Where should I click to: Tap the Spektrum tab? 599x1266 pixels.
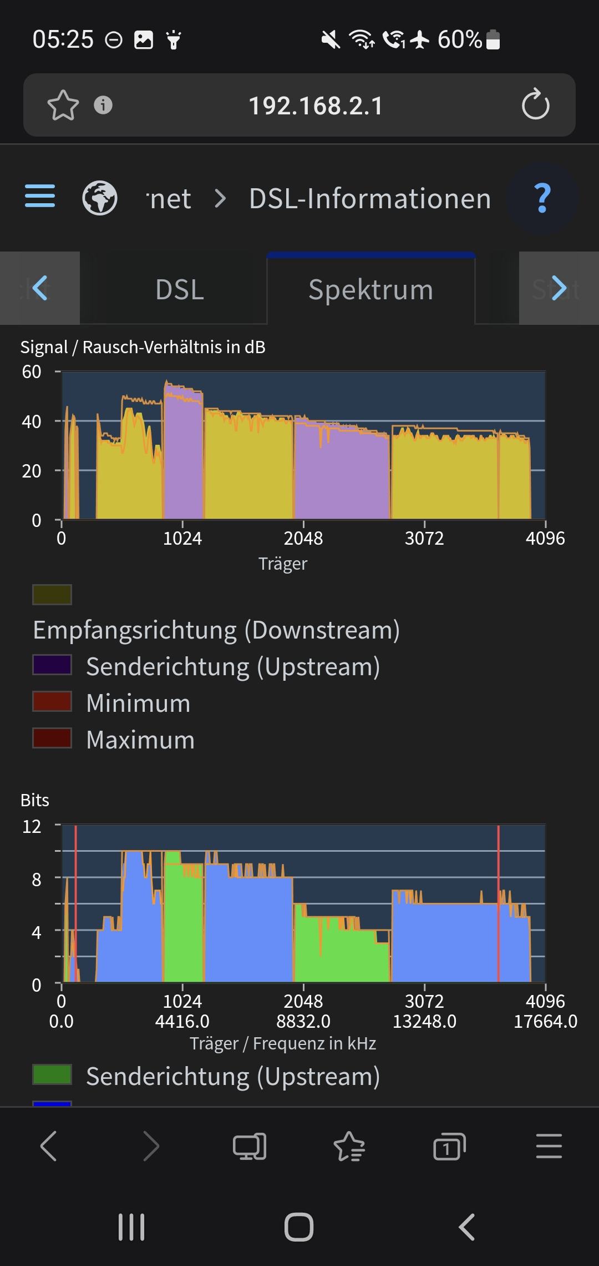click(x=370, y=290)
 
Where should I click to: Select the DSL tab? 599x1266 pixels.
click(x=180, y=290)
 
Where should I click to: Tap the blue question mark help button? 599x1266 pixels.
click(x=542, y=198)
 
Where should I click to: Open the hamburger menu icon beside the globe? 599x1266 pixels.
click(x=40, y=196)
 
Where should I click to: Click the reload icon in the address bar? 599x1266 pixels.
click(x=535, y=104)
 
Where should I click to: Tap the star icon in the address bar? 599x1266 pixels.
click(x=63, y=105)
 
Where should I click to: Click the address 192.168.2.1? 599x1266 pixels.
click(x=316, y=105)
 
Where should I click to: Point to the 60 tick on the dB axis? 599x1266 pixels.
click(x=32, y=371)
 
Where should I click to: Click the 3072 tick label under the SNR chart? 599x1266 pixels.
click(x=424, y=538)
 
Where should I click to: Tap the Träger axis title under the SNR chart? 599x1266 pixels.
click(x=283, y=564)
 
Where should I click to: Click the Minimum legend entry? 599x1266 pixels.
click(x=138, y=703)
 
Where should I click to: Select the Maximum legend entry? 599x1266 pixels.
click(x=140, y=740)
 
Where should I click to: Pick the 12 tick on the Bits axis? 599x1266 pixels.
click(x=32, y=826)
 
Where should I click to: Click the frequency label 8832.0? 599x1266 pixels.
click(x=303, y=1021)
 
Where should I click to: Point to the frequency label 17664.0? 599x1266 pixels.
click(x=545, y=1021)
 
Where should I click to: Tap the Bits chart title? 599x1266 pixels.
click(x=34, y=800)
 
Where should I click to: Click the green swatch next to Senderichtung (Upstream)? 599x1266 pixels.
click(x=52, y=1074)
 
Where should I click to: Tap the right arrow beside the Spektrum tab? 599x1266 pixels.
click(x=559, y=288)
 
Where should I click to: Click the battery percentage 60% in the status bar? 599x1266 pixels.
click(x=459, y=39)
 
